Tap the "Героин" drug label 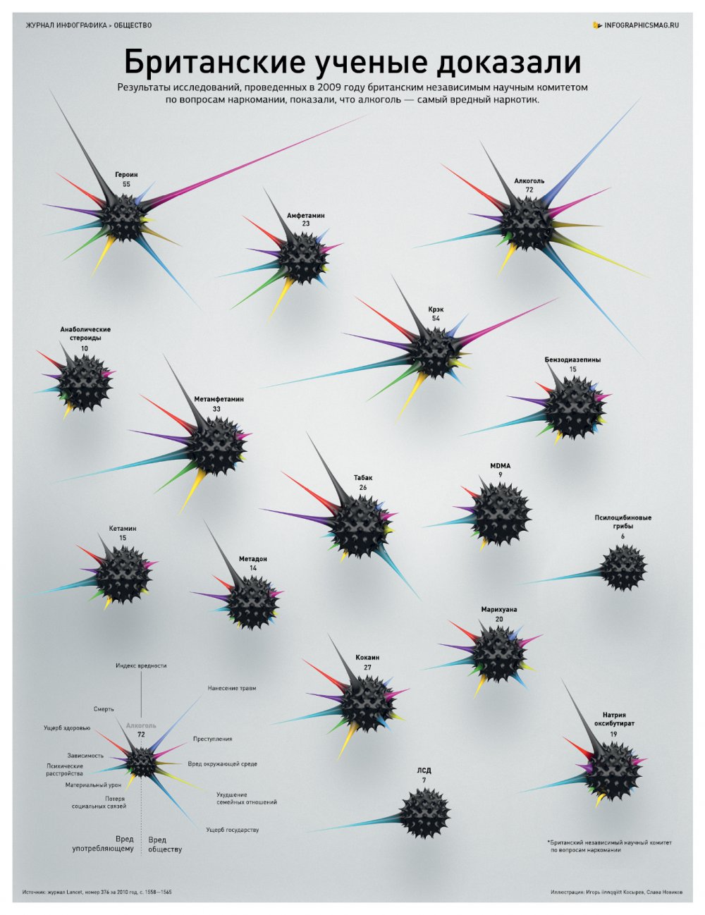tap(126, 174)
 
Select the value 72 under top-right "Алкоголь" tap(529, 190)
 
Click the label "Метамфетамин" tap(219, 399)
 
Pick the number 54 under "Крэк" tap(436, 319)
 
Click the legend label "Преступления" tap(212, 739)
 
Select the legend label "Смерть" tap(104, 709)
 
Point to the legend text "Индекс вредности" tap(141, 665)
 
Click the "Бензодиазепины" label tap(572, 360)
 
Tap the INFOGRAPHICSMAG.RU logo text tap(642, 25)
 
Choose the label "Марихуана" tap(499, 609)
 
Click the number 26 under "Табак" tap(362, 487)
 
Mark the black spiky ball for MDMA tap(501, 517)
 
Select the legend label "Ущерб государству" tap(232, 830)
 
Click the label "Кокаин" tap(367, 658)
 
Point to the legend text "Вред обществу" tap(165, 845)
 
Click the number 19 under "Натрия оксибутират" tap(614, 734)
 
